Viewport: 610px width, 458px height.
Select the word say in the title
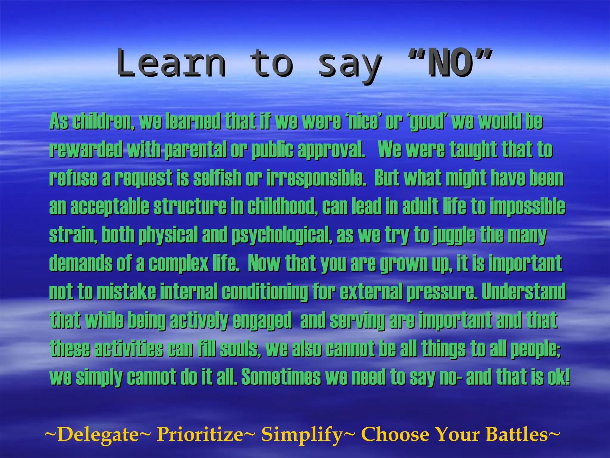350,64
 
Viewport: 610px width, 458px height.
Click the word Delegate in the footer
98,434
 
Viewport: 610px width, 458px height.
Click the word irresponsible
316,178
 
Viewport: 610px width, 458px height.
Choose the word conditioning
265,292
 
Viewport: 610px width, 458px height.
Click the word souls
240,349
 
